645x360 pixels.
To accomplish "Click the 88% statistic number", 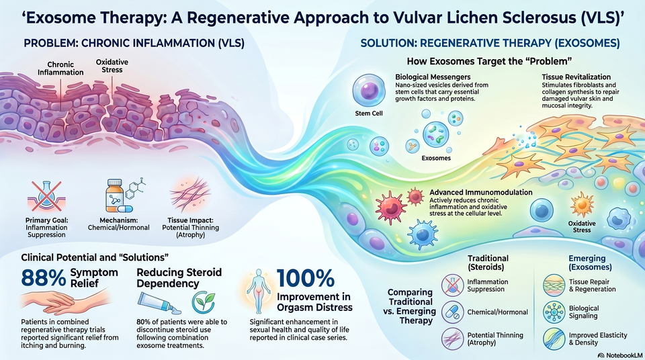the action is (43, 278).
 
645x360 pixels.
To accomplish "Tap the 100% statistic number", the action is (305, 279).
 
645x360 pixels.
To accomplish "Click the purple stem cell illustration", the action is (369, 91).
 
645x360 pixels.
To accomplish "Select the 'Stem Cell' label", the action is (369, 113).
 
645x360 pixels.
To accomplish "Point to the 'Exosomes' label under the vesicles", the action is (436, 158).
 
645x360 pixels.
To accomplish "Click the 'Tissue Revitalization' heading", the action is (576, 77).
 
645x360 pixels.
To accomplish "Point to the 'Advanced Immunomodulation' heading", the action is (481, 192).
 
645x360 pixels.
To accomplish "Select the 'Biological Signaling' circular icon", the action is (554, 312).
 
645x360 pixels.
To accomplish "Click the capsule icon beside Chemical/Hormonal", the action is (452, 312).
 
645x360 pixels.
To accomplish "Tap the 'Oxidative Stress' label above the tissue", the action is (112, 66).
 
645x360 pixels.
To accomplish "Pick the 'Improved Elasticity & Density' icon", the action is (554, 339).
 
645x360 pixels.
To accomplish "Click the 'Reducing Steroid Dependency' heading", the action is (179, 277).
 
